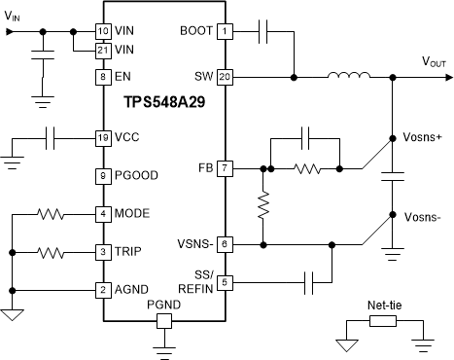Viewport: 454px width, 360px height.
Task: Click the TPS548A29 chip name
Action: pos(162,101)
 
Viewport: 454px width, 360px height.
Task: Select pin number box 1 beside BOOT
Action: pos(225,31)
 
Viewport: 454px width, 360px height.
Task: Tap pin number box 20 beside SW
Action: pos(225,76)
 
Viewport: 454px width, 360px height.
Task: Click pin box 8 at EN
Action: pos(102,76)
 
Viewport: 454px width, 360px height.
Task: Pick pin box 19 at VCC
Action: pos(102,138)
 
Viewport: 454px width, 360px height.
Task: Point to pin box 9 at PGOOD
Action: pos(102,176)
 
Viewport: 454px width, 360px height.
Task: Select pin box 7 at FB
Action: pos(225,168)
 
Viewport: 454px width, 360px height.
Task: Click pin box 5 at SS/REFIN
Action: pos(225,283)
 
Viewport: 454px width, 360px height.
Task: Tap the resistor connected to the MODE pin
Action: pos(50,213)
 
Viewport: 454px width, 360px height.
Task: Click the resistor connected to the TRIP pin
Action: pos(50,252)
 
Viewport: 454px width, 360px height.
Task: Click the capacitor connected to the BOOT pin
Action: pos(262,31)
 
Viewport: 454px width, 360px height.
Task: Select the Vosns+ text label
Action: pos(421,137)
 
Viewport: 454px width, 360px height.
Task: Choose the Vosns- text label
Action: pos(420,217)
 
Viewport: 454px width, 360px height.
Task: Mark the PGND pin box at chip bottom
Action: pos(163,319)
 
